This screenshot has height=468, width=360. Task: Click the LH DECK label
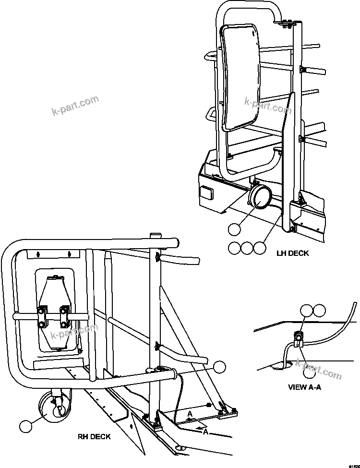point(292,253)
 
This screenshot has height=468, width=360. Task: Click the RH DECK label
point(94,436)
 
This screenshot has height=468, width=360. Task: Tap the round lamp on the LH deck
point(259,198)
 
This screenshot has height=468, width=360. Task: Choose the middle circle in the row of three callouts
point(246,248)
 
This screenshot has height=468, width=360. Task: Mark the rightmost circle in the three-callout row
point(259,248)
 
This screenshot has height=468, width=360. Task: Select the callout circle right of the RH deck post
point(219,367)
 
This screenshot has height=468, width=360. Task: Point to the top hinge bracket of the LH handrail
point(287,22)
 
